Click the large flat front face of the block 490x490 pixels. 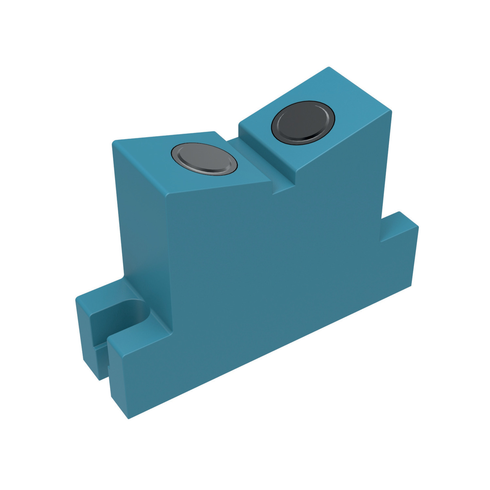pos(261,278)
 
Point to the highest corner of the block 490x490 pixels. pos(329,68)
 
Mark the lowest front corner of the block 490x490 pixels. pos(128,418)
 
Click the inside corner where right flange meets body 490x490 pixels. pos(381,242)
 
